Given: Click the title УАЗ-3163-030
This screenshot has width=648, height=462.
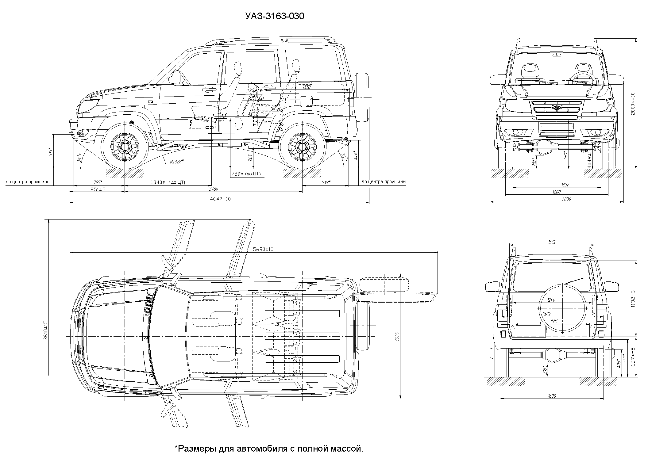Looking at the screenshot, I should click(275, 16).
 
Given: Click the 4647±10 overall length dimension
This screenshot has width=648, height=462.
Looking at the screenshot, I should click(220, 199).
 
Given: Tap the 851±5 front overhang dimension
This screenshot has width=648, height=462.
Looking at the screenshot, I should click(98, 189).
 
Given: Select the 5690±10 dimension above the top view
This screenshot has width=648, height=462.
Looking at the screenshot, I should click(263, 249).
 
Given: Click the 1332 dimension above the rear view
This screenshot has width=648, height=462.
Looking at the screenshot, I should click(552, 242).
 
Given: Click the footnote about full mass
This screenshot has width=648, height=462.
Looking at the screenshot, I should click(269, 449).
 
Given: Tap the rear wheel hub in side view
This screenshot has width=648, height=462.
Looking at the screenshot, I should click(302, 147).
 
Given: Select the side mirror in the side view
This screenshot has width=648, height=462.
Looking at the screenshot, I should click(175, 77).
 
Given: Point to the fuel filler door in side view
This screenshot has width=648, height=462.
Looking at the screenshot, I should click(306, 101).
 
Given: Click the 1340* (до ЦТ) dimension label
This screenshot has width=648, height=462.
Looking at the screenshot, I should click(168, 182).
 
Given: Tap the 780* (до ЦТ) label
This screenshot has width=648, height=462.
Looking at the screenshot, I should click(246, 174).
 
